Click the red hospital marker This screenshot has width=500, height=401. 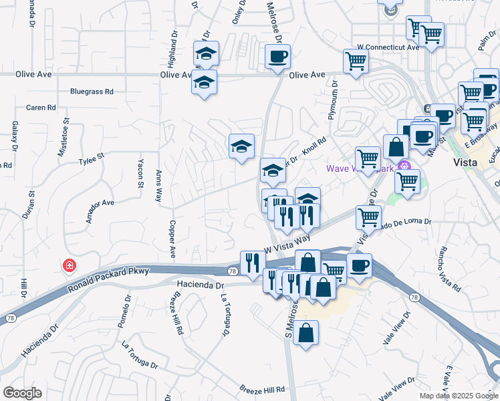click(x=68, y=267)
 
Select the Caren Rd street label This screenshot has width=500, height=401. click(x=41, y=108)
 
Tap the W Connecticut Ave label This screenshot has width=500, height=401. click(x=388, y=47)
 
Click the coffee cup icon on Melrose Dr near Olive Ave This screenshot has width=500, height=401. click(x=277, y=57)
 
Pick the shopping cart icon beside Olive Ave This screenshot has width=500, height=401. click(x=356, y=61)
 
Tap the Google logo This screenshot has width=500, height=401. click(x=22, y=393)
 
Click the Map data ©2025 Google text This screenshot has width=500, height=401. click(x=459, y=396)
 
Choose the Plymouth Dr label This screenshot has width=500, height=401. click(x=332, y=100)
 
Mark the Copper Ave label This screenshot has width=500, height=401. click(x=172, y=239)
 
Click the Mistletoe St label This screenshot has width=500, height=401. click(x=66, y=136)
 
